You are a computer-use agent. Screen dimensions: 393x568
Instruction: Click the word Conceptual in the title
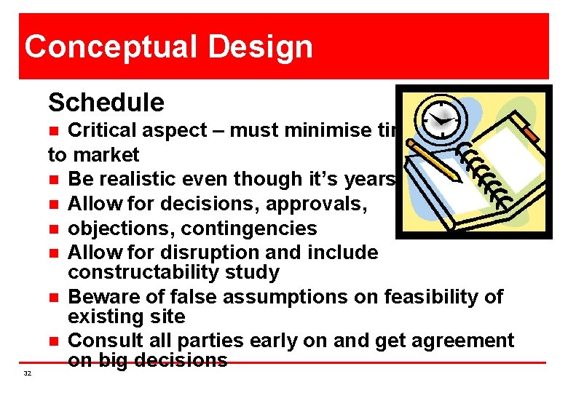click(110, 47)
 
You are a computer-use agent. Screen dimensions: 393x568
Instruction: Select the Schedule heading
click(106, 103)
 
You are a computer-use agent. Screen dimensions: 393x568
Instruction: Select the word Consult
click(105, 341)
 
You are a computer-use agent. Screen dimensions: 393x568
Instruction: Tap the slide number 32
click(27, 373)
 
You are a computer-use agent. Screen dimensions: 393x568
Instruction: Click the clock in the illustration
click(441, 116)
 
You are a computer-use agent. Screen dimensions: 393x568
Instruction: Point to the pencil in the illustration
click(434, 162)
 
